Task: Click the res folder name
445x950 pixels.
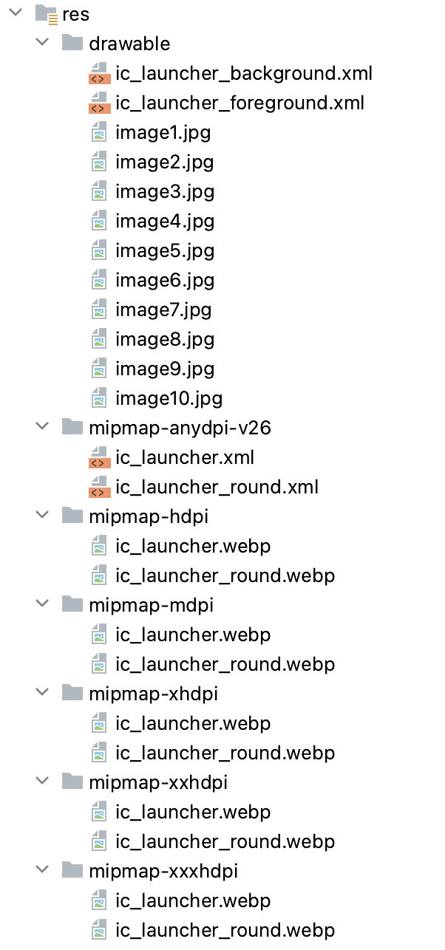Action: coord(76,14)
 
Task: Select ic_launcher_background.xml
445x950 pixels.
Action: coord(243,73)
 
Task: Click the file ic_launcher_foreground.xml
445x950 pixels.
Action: coord(240,103)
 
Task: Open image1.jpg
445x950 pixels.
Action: coord(163,132)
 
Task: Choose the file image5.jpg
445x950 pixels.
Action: coord(164,250)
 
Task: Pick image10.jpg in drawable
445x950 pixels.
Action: coord(169,398)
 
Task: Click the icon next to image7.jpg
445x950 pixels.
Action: coord(99,310)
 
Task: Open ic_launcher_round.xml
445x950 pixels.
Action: coord(217,487)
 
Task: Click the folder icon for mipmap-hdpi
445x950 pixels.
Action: coord(72,516)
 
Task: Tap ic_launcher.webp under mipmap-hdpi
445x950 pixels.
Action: coord(193,546)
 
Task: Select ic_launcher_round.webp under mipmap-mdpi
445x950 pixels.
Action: coord(225,664)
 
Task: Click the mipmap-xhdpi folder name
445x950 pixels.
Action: coord(153,694)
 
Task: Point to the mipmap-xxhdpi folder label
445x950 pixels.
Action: coord(157,782)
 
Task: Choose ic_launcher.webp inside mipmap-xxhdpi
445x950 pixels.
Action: coord(193,812)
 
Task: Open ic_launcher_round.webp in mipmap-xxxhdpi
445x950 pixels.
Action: coord(225,930)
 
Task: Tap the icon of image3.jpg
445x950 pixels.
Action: coord(99,191)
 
